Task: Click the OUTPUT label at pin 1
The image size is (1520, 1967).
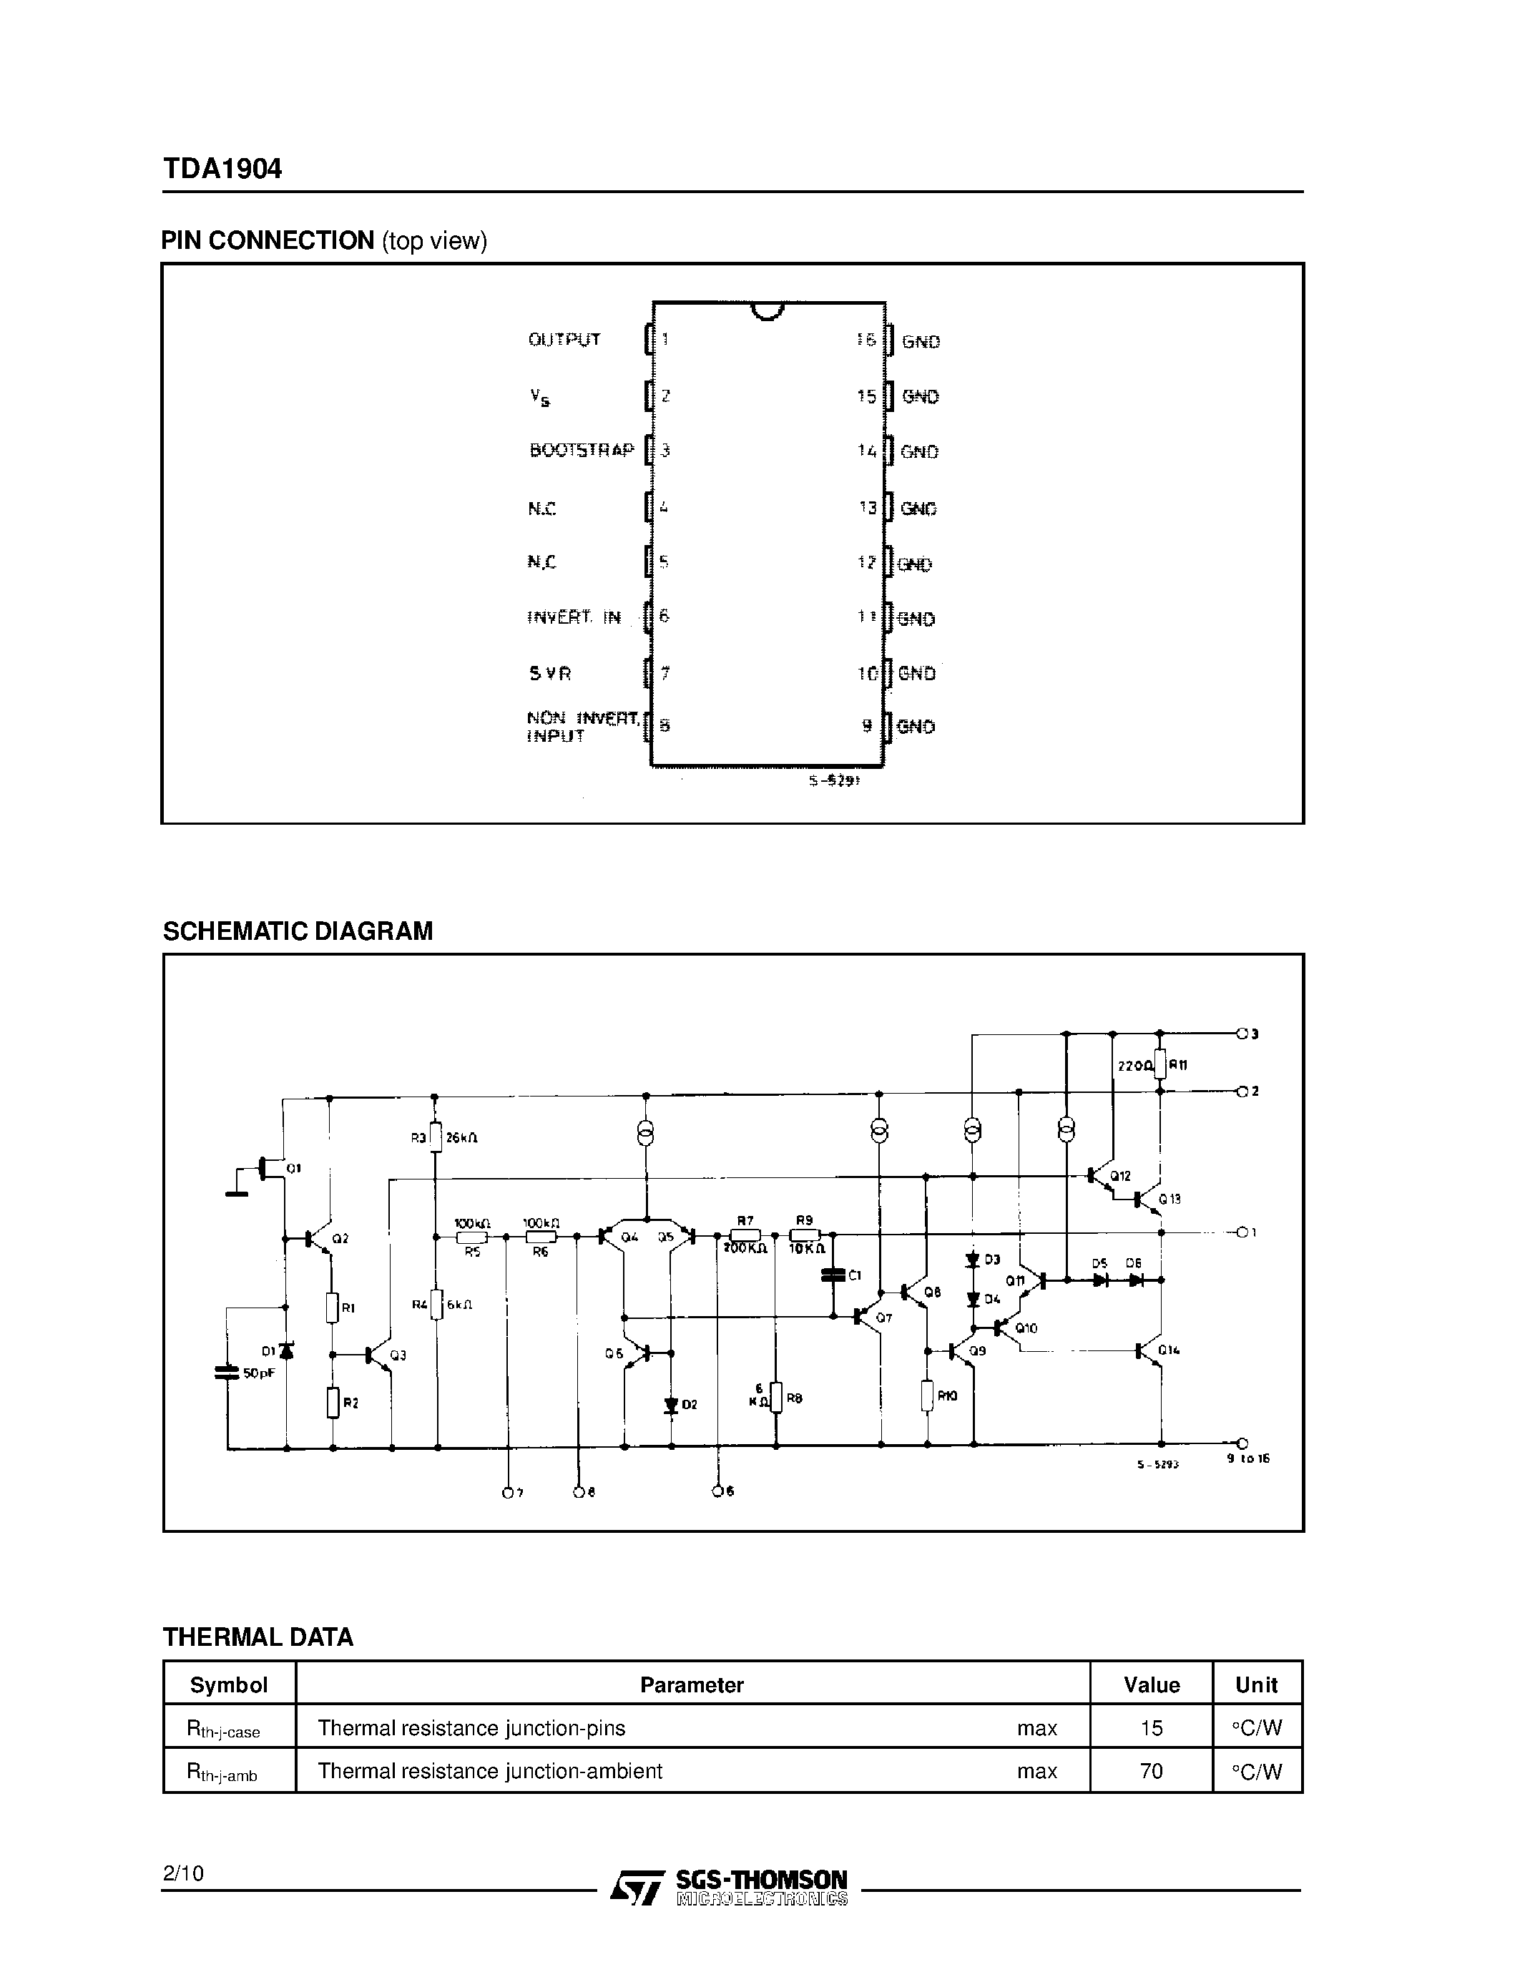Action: tap(564, 340)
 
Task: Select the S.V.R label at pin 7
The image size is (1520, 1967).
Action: tap(549, 673)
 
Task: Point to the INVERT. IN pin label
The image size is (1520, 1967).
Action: tap(574, 617)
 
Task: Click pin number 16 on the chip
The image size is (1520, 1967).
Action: tap(866, 340)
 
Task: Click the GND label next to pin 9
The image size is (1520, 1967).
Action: tap(916, 727)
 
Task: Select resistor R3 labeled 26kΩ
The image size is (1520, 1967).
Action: tap(436, 1137)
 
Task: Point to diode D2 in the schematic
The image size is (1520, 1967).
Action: tap(671, 1404)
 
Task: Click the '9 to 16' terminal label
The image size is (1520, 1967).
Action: tap(1248, 1458)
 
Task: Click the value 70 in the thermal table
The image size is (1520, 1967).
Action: tap(1151, 1771)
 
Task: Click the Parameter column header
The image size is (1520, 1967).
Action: tap(692, 1685)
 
